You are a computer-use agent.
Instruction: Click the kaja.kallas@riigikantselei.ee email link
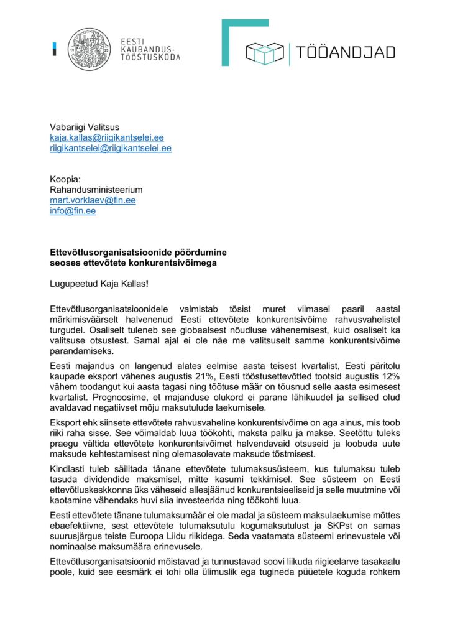[106, 137]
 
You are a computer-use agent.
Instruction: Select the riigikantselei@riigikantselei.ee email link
[111, 148]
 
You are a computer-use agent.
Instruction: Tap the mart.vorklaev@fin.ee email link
[93, 200]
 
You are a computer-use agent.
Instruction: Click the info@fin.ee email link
[73, 211]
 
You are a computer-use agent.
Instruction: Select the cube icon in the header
[265, 53]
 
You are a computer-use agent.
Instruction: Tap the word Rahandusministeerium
[96, 190]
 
